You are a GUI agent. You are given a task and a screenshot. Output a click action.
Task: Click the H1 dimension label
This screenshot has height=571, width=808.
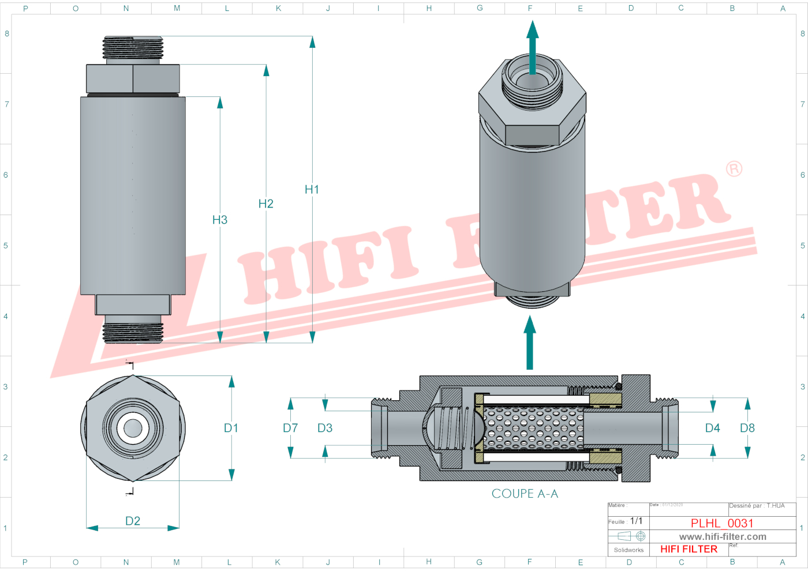click(312, 190)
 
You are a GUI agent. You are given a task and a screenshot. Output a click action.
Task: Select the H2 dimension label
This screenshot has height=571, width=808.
click(265, 204)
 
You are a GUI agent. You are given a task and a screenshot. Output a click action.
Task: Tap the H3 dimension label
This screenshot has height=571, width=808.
click(219, 220)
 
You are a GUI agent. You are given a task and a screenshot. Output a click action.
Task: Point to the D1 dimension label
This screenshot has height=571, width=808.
click(231, 428)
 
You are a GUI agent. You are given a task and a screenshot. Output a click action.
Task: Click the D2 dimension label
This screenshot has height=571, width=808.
click(133, 521)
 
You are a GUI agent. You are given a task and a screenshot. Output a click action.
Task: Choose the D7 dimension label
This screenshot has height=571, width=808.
click(290, 428)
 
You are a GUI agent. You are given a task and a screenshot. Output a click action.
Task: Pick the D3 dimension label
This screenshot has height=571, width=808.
click(325, 428)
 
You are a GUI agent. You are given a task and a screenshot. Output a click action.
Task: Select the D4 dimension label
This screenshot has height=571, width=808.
click(713, 428)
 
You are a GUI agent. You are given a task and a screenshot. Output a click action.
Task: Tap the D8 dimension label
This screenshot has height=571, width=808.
click(747, 428)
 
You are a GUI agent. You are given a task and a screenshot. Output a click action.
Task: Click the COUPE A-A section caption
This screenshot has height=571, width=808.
click(525, 494)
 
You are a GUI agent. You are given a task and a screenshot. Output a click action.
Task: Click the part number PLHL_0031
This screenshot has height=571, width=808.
click(722, 523)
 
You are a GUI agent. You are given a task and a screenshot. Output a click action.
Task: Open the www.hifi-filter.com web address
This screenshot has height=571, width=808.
click(723, 536)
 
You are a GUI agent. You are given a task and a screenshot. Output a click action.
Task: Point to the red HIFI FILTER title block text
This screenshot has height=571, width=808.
click(689, 549)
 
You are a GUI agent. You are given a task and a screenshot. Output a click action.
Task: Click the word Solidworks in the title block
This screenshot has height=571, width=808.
click(629, 550)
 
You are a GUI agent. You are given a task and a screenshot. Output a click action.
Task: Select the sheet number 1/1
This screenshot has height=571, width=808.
click(636, 521)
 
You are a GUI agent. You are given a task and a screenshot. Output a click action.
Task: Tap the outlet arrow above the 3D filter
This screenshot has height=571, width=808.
click(533, 46)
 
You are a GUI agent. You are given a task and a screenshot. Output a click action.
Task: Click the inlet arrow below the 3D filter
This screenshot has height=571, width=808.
click(530, 343)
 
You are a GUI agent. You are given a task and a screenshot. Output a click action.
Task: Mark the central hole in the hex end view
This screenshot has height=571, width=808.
click(133, 428)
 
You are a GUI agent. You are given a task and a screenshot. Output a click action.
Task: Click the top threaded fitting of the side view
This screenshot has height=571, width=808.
click(133, 48)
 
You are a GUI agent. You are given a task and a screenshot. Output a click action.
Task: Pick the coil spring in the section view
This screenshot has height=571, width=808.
click(453, 428)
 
